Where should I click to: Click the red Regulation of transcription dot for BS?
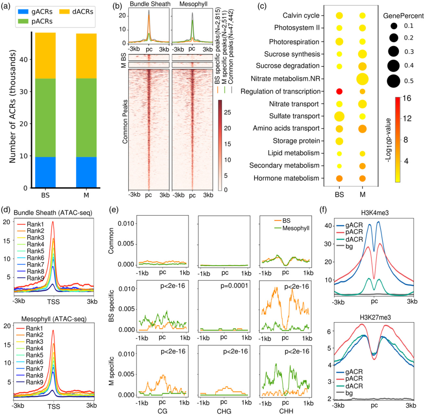[339, 91]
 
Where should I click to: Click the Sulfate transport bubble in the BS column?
[339, 116]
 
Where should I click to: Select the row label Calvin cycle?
[300, 16]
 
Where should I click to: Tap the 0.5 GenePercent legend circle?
[394, 81]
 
